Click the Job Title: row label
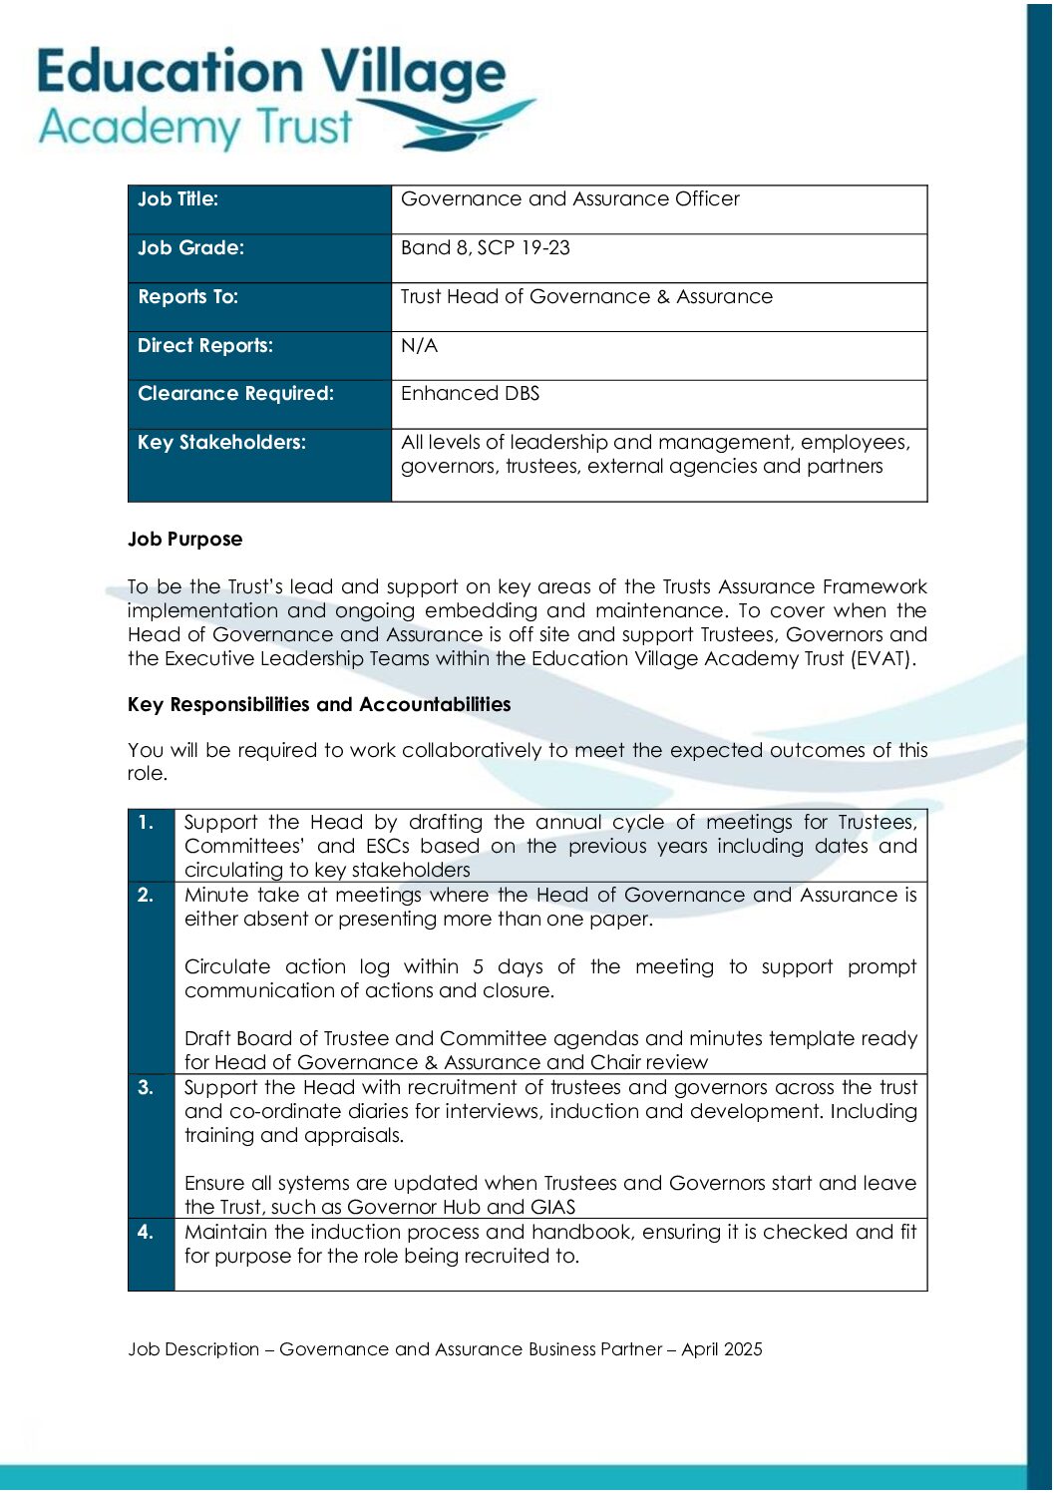point(178,199)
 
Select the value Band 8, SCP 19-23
point(486,248)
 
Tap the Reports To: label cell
point(188,297)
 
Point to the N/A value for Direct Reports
point(419,346)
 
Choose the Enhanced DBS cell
point(470,394)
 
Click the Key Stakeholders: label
point(222,443)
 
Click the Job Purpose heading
point(185,540)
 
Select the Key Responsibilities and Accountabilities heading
point(319,705)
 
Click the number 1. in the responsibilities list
point(147,823)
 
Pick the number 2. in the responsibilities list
point(147,896)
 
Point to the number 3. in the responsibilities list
point(147,1088)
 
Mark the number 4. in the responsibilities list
point(147,1233)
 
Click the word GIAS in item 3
point(553,1208)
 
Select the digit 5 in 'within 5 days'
point(479,967)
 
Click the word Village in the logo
point(412,74)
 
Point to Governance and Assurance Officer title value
point(570,199)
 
